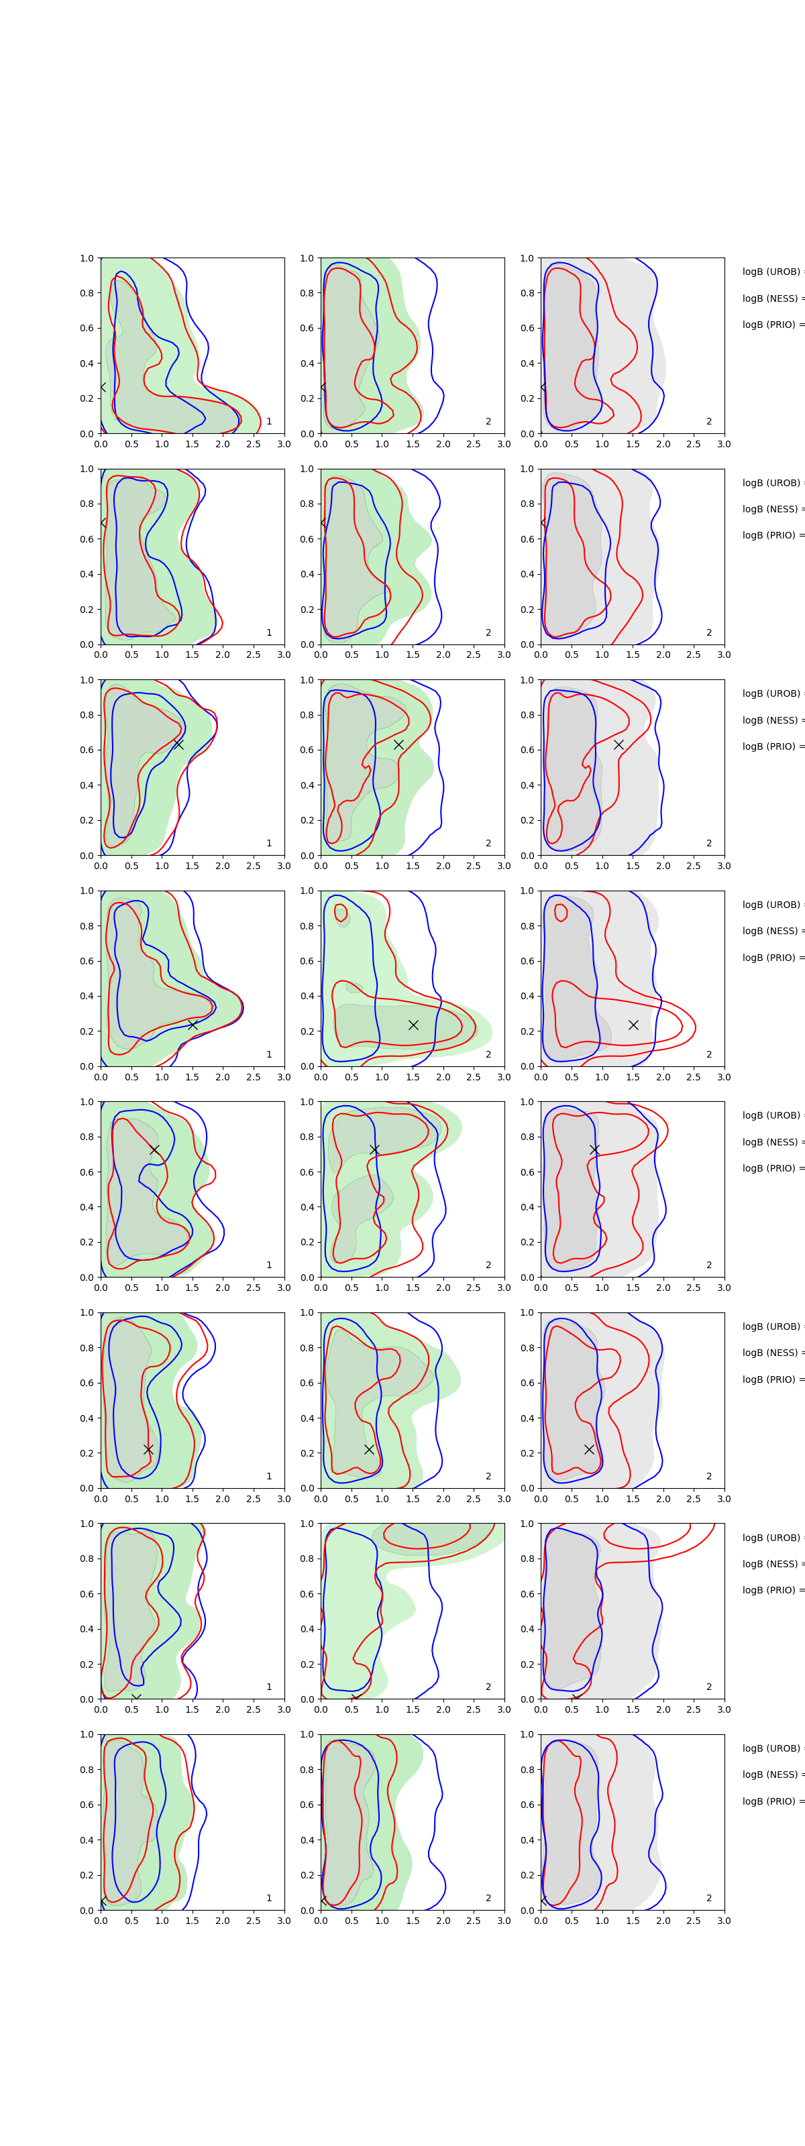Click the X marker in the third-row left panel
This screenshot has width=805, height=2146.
point(178,744)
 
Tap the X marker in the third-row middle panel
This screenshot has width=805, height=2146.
point(398,744)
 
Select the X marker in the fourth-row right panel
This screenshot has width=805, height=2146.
point(633,1025)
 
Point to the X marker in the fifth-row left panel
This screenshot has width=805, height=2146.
point(154,1149)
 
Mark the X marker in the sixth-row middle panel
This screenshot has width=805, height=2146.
point(369,1449)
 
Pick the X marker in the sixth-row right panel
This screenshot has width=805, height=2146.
point(589,1449)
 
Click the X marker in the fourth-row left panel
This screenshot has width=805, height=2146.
point(193,1025)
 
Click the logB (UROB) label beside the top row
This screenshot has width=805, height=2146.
point(771,272)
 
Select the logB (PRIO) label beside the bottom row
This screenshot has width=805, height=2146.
point(771,1801)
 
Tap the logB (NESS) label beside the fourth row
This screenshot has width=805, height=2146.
point(771,931)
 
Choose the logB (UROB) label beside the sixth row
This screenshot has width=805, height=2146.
point(771,1326)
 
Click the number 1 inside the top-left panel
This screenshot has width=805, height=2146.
point(268,422)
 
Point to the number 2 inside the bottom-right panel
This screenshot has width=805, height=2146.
point(709,1898)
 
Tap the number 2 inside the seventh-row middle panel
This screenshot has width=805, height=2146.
point(488,1687)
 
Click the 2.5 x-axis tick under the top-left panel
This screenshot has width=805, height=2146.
point(254,444)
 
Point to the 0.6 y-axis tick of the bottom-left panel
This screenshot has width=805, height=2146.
point(87,1805)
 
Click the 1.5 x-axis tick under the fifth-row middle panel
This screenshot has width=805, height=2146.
point(413,1288)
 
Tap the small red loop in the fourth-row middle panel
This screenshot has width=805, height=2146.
point(340,912)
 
